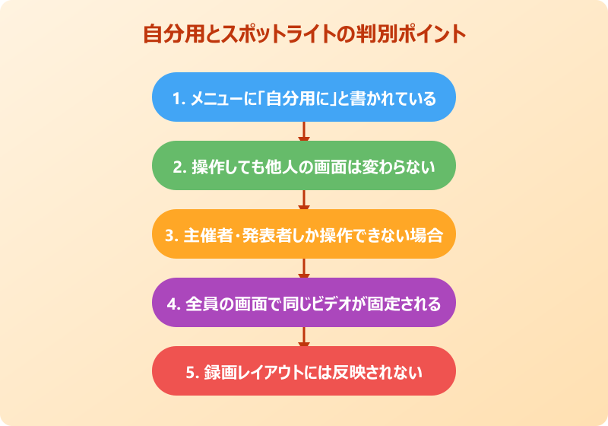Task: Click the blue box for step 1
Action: pyautogui.click(x=304, y=97)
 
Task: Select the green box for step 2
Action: pyautogui.click(x=304, y=166)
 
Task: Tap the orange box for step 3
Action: pyautogui.click(x=304, y=234)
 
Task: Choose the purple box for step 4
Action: pyautogui.click(x=304, y=303)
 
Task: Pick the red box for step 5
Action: pyautogui.click(x=304, y=371)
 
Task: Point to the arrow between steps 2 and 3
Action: pyautogui.click(x=304, y=200)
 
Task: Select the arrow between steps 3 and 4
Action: pyautogui.click(x=304, y=269)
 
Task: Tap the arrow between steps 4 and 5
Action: pyautogui.click(x=304, y=337)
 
